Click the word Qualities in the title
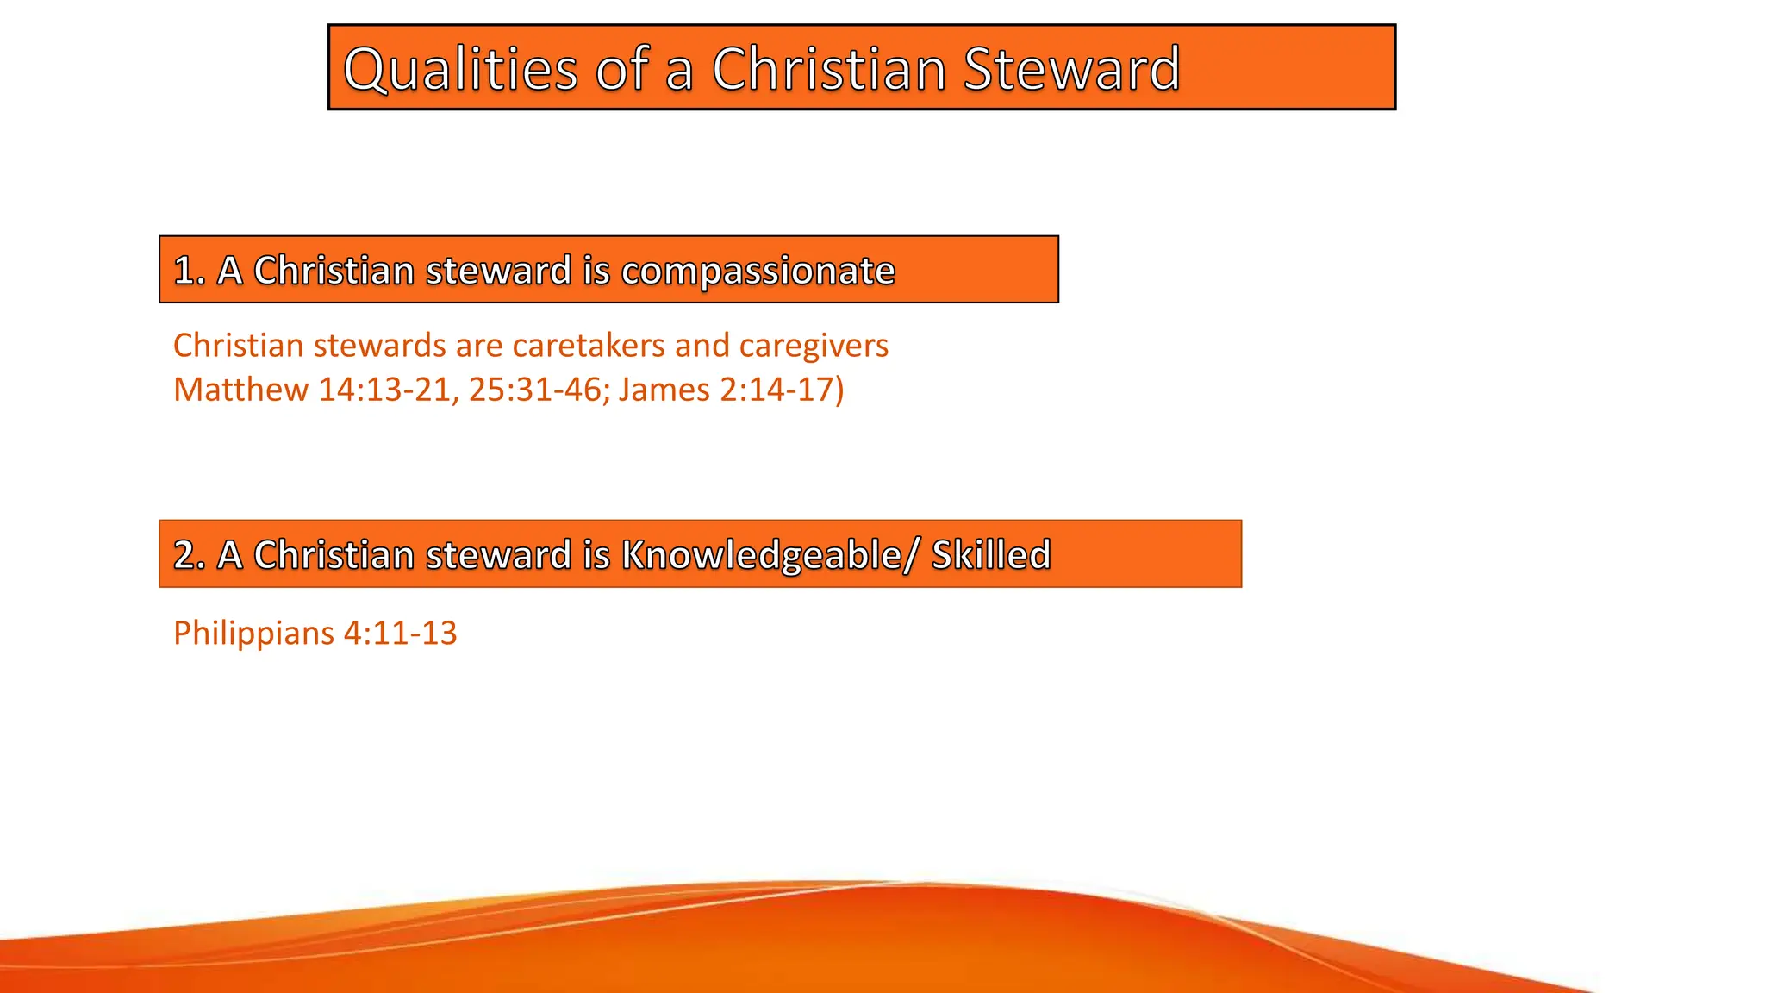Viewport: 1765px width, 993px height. click(x=460, y=70)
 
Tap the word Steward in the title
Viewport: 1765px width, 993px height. click(x=1071, y=69)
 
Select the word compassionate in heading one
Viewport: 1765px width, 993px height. click(x=758, y=272)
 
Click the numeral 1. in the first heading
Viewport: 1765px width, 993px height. click(x=189, y=271)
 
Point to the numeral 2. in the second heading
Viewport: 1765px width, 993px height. click(x=189, y=555)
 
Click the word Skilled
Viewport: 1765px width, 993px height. click(x=991, y=555)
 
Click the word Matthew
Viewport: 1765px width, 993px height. click(x=240, y=390)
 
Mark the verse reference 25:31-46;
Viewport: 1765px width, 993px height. click(x=539, y=390)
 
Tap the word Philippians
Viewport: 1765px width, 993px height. click(x=253, y=634)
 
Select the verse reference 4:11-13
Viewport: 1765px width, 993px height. click(x=400, y=634)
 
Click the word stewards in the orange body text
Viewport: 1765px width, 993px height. click(x=379, y=346)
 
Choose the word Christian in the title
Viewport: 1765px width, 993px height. click(x=829, y=69)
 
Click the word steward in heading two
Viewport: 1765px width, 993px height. click(x=498, y=555)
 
